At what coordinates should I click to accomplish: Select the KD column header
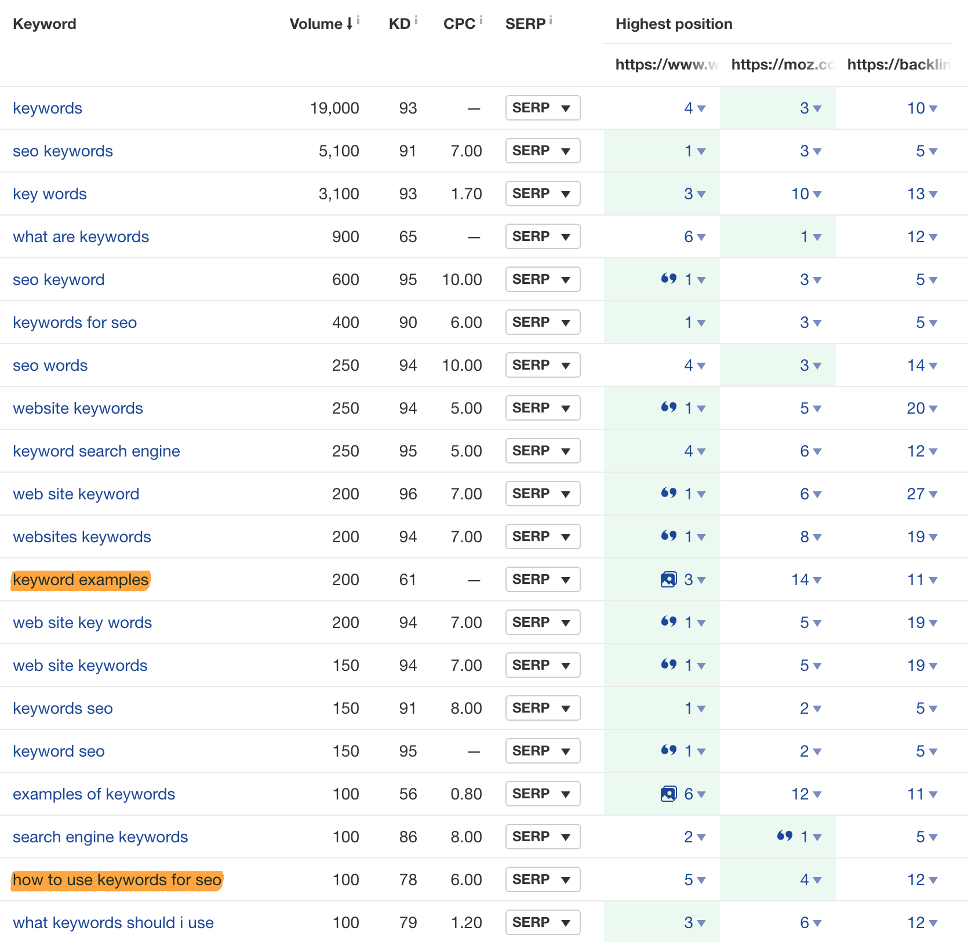399,24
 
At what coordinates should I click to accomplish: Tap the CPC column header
459,24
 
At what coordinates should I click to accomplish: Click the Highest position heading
674,24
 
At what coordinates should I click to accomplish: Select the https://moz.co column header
782,64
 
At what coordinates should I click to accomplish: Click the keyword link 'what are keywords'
81,237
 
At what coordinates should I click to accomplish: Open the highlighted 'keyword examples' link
81,580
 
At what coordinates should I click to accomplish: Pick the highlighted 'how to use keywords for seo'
117,880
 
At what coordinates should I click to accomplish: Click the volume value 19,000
334,108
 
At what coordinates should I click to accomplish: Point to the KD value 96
407,494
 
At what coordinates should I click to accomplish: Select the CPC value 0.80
466,794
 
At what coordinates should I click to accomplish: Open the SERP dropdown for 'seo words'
543,366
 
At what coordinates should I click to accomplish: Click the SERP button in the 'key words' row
543,194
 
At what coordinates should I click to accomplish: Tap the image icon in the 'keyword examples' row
668,579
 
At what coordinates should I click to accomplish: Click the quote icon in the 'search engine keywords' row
784,836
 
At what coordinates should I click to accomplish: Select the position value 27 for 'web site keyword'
916,494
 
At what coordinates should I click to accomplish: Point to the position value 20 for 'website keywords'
916,408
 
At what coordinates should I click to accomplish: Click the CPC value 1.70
466,194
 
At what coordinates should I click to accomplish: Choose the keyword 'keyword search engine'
96,451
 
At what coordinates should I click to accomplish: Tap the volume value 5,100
339,151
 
